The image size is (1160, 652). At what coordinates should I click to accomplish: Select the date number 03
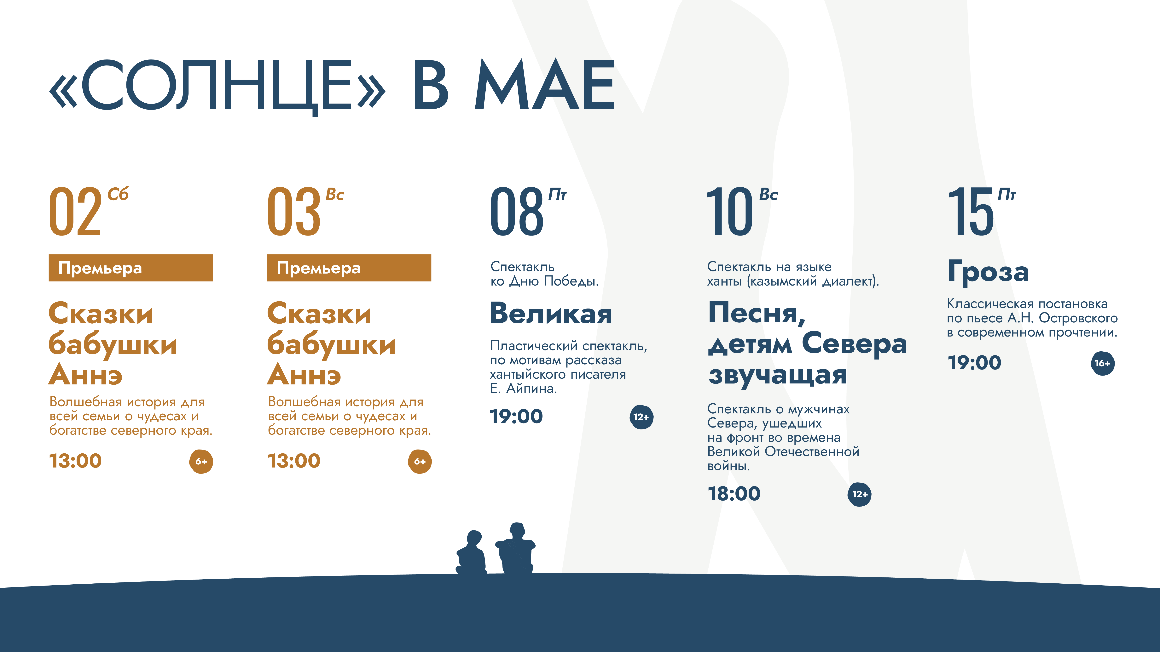(294, 212)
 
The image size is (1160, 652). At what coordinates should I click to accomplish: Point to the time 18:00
(734, 494)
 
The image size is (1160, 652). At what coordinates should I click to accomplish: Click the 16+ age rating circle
(1102, 363)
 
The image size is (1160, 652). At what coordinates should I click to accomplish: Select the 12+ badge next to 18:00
(859, 495)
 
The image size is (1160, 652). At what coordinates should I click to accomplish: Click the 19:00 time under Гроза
(974, 363)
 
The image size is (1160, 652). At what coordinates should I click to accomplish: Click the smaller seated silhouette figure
(471, 553)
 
